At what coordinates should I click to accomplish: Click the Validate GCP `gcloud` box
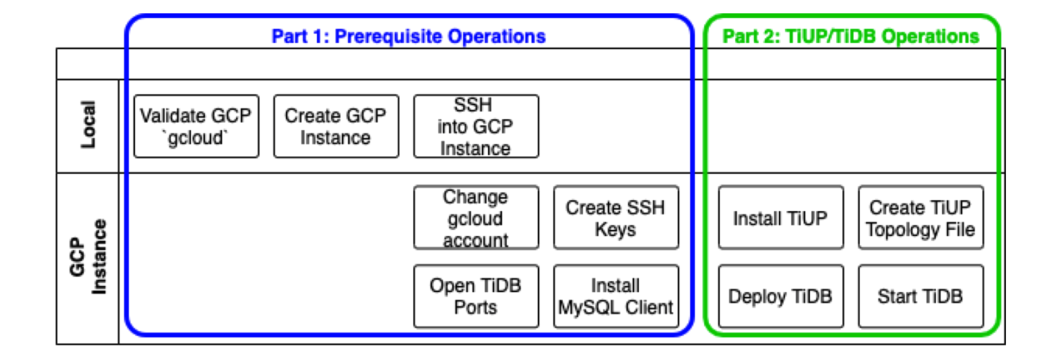coord(196,126)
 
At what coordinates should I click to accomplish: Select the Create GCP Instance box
coord(336,126)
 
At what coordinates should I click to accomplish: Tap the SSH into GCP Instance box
coord(476,126)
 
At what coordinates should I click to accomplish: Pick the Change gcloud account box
coord(476,217)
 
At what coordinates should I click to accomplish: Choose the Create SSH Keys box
coord(615,217)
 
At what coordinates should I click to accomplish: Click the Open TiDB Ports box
coord(476,296)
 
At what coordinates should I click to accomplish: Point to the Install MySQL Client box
coord(615,296)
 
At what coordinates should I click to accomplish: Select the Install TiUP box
coord(781,217)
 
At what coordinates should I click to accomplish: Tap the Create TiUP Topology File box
coord(921,217)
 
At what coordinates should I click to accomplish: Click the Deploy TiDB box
coord(781,296)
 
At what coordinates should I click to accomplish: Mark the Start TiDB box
coord(921,296)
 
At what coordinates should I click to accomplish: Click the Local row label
coord(88,126)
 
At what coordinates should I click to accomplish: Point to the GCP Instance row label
coord(88,257)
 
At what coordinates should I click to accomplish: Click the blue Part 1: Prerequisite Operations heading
coord(408,36)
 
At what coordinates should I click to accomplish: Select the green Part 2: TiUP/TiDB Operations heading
coord(851,36)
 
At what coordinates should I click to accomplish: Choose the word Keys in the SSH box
coord(615,229)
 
